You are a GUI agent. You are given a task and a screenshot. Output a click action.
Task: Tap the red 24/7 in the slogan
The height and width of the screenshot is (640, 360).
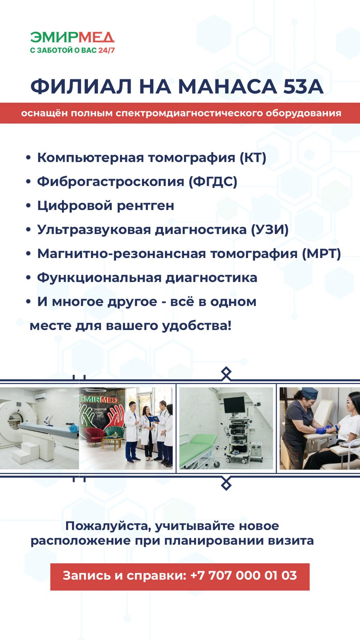point(106,50)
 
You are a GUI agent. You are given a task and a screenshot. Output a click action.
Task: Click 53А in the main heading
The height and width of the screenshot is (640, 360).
point(303,86)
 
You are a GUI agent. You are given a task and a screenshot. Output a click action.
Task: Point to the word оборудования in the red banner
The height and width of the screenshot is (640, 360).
point(304,113)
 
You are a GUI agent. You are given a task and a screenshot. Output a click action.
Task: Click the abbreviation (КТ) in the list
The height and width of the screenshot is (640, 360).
point(253,158)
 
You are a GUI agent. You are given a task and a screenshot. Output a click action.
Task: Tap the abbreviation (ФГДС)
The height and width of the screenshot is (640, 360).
point(213,182)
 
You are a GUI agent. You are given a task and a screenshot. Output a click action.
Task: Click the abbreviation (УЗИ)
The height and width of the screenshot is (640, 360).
point(270,230)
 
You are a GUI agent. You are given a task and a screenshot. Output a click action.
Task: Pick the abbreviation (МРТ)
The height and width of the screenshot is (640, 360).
point(322,254)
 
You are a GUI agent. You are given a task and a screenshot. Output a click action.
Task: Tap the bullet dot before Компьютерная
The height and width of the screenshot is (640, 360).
point(28,158)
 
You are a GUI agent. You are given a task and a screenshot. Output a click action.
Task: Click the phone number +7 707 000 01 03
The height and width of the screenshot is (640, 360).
point(244,575)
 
